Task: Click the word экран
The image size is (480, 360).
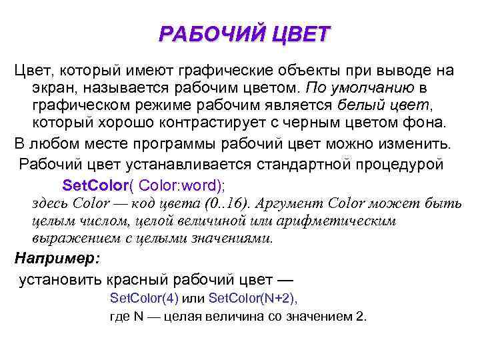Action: pos(53,88)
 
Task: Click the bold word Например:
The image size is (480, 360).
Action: pos(57,258)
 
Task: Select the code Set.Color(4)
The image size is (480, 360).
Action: pos(143,297)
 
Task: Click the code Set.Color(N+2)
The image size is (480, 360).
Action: pos(253,297)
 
